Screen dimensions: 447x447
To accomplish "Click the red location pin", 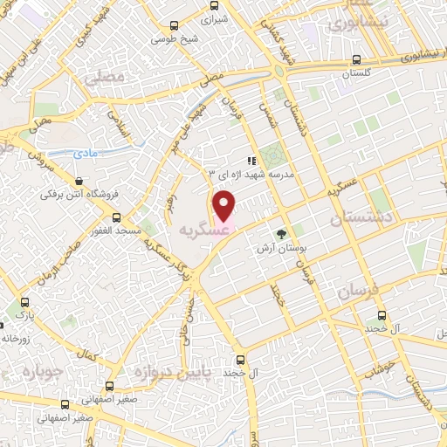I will [224, 207].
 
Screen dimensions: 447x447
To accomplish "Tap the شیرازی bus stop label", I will [214, 18].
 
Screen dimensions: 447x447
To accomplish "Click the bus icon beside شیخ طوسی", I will [176, 26].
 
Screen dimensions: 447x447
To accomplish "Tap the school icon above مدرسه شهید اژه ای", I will [251, 161].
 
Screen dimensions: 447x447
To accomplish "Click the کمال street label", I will [86, 358].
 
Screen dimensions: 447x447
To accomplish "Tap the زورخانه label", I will [17, 338].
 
